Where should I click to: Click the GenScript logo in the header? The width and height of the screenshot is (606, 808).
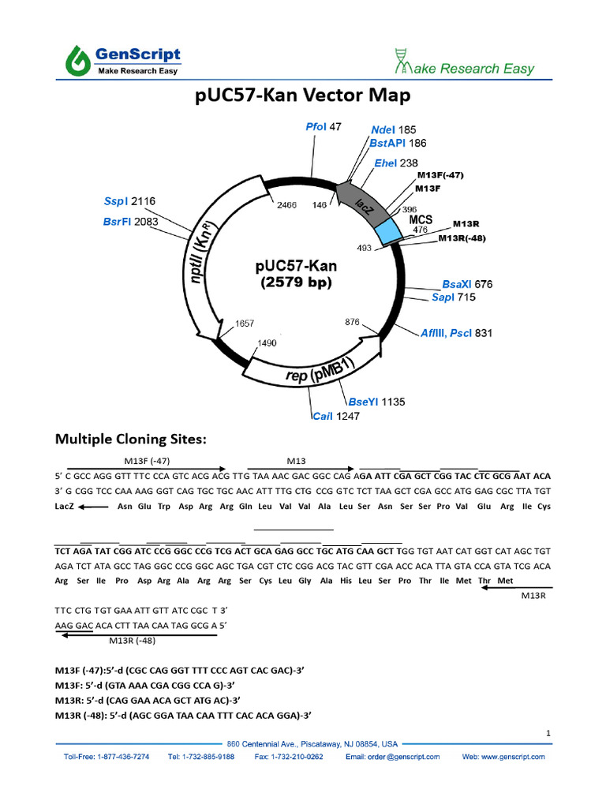123,59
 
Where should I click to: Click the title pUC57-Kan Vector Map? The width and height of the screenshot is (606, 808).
303,95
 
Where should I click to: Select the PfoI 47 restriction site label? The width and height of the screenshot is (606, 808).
323,127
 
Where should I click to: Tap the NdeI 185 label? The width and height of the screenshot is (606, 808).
393,129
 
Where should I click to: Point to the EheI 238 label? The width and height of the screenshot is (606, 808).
396,163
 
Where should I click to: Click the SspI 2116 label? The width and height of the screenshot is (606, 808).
131,202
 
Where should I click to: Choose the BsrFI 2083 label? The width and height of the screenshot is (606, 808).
130,222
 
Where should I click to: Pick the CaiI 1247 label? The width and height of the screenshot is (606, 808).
335,416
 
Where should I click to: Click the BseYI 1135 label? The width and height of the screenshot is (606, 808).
371,402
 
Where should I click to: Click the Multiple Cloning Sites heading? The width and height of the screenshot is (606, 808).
129,440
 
